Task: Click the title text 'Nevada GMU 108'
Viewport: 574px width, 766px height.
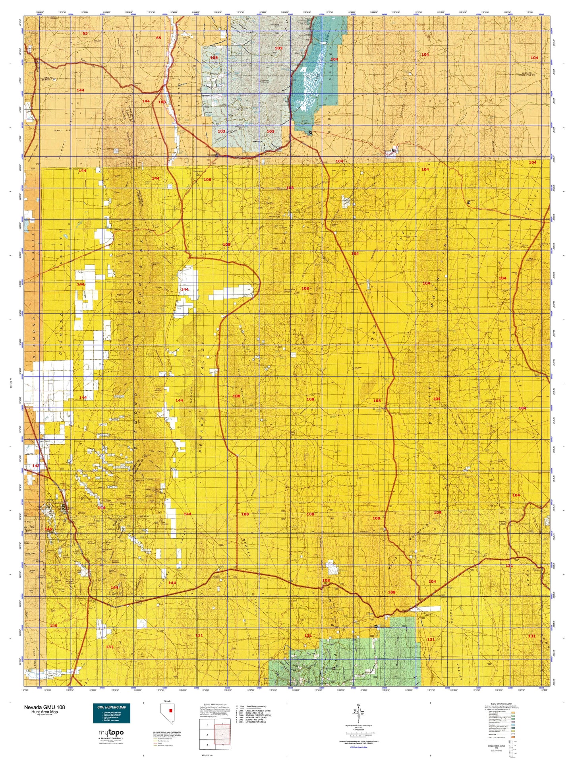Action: tap(44, 707)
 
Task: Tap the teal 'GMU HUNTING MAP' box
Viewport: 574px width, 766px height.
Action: tap(112, 713)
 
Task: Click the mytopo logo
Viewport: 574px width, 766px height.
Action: tap(111, 733)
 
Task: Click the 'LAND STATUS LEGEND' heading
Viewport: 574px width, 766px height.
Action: tap(504, 704)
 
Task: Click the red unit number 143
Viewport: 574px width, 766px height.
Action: tap(36, 465)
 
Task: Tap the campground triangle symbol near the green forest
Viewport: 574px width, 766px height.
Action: tap(376, 627)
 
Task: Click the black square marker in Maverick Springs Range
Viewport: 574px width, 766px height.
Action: tap(393, 150)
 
